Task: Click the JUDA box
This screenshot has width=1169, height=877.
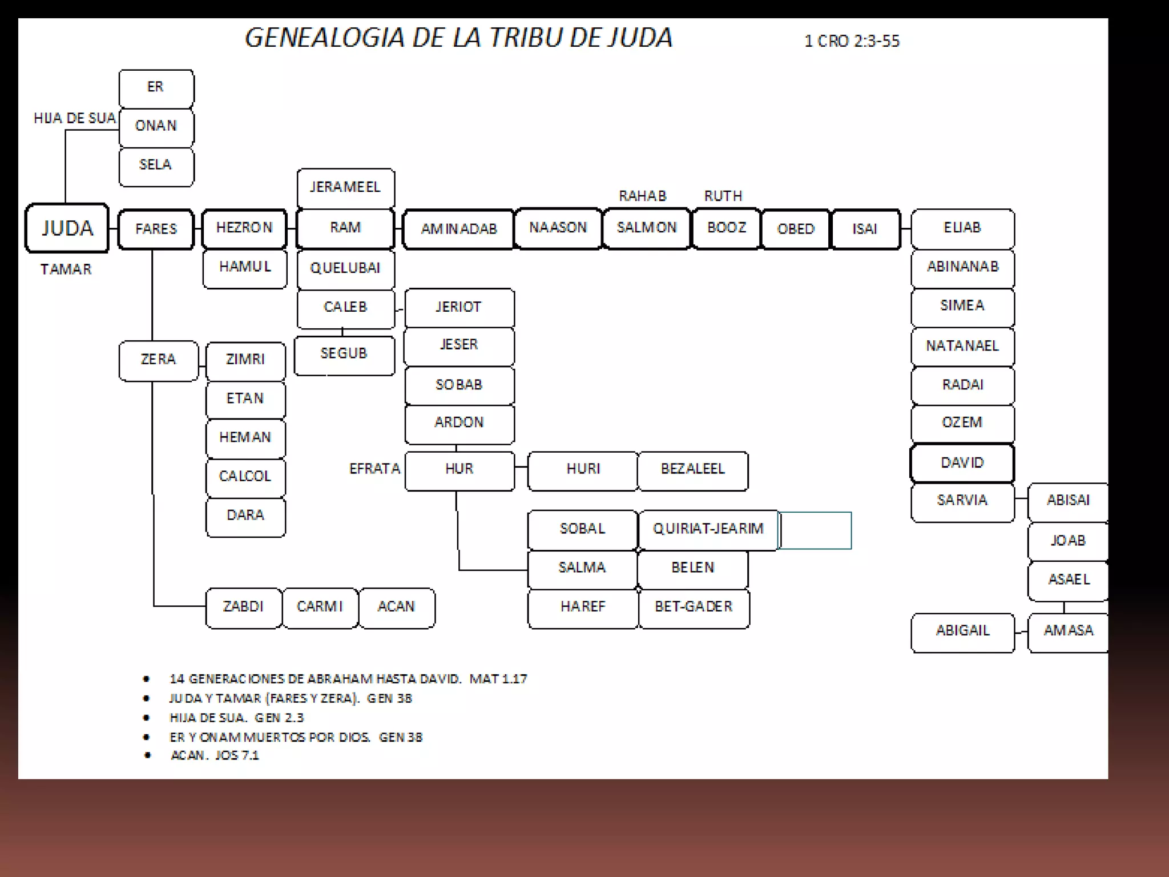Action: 67,228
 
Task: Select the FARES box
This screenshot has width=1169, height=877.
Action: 156,229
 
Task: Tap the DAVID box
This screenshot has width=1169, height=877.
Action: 962,462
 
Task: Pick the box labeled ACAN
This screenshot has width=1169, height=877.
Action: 396,607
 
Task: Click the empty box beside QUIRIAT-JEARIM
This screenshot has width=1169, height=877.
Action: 815,530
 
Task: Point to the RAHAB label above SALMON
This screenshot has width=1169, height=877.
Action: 643,196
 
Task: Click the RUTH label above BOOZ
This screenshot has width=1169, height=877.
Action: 723,196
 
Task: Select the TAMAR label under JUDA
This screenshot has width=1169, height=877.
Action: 66,269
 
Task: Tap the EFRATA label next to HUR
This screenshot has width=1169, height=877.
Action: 374,469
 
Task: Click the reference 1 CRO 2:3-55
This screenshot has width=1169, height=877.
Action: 852,41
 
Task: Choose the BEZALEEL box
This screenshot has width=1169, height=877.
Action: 692,469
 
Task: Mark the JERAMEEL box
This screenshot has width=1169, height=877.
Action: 345,187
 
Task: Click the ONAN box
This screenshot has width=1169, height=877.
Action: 156,126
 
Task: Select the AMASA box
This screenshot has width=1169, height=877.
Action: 1068,631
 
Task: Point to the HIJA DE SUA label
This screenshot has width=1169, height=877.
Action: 75,118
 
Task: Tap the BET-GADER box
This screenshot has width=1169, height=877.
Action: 694,607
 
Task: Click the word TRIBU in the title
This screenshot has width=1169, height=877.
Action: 526,38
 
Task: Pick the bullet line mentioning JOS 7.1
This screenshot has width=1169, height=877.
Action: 215,755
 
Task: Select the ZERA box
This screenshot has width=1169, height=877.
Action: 158,360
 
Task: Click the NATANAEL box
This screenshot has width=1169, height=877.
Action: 962,346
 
